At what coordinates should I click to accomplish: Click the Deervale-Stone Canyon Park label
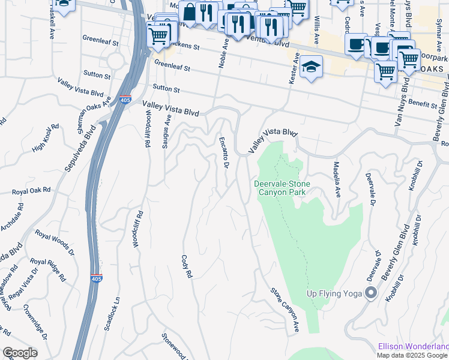(280, 188)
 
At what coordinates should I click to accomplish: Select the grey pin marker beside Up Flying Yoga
(371, 293)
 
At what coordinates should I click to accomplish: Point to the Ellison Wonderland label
(413, 346)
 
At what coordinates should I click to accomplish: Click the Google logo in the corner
(19, 353)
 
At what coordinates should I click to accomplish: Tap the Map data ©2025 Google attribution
(412, 355)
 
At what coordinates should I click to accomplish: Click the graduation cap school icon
(312, 68)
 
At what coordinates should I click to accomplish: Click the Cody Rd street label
(187, 266)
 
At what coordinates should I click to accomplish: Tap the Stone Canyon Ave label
(285, 311)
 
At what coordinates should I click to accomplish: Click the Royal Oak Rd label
(31, 191)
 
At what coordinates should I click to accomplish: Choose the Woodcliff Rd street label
(138, 229)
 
